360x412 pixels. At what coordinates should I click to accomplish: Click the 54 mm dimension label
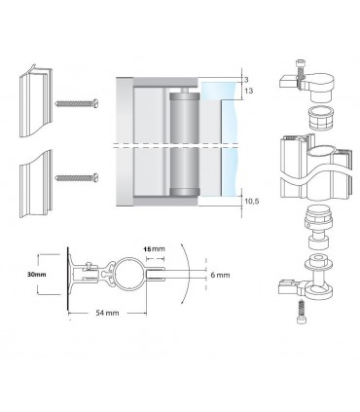(107, 313)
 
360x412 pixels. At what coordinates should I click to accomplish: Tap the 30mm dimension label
(36, 275)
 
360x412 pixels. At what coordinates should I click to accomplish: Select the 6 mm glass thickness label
(220, 275)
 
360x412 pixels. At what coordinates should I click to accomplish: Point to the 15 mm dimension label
(154, 249)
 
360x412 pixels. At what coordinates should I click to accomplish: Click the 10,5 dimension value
(252, 202)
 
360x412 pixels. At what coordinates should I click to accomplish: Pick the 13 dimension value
(249, 91)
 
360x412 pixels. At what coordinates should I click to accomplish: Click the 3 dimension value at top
(246, 80)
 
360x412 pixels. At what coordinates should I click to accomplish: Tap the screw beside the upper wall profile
(77, 103)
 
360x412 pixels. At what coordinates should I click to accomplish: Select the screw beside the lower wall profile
(77, 177)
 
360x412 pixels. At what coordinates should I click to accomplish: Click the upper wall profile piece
(36, 100)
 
